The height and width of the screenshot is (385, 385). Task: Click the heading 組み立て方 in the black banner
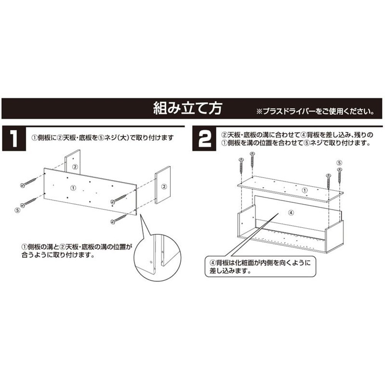click(187, 108)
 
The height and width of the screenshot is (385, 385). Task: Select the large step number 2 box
click(204, 139)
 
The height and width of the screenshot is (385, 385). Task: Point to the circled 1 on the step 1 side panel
click(73, 187)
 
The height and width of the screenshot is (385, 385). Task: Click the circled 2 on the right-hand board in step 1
click(164, 186)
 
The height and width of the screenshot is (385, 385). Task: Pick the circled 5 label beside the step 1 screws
click(17, 210)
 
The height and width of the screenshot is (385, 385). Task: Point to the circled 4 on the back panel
click(291, 212)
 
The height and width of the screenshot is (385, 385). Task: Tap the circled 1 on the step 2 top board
click(304, 190)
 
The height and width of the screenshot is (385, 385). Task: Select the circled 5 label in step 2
click(339, 162)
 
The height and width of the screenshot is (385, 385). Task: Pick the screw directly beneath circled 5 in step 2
click(340, 176)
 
